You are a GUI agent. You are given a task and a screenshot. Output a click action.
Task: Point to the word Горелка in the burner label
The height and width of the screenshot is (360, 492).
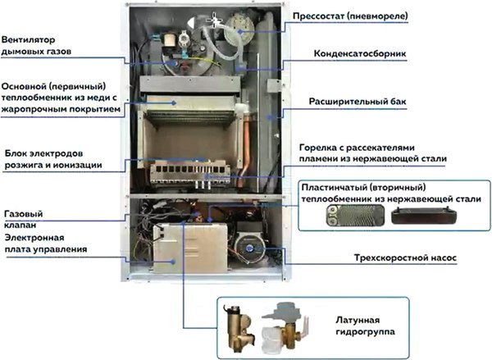pos(320,148)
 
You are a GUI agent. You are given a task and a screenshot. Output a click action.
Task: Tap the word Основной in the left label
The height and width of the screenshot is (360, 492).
pos(24,84)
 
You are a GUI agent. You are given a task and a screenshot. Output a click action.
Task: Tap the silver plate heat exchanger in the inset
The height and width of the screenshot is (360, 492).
pos(341,216)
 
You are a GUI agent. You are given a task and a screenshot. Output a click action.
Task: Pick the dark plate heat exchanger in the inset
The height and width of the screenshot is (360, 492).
pos(425,216)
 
